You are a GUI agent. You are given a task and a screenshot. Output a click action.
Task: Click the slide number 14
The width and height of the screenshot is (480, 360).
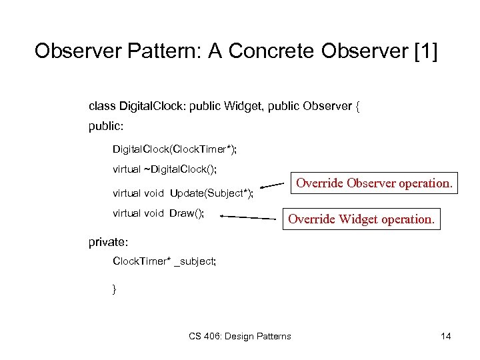click(446, 336)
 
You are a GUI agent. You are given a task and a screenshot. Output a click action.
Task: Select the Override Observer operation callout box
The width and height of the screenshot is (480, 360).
click(374, 183)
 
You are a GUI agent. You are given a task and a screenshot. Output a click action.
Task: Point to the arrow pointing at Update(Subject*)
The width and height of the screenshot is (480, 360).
click(274, 187)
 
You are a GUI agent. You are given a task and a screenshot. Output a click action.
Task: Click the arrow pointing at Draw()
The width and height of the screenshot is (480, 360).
click(248, 216)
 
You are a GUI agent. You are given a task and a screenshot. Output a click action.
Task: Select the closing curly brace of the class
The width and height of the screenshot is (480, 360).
click(114, 288)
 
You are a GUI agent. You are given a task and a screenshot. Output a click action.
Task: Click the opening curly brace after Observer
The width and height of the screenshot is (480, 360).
click(359, 106)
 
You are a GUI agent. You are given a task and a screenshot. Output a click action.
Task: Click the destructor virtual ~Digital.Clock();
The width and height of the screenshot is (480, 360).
click(164, 169)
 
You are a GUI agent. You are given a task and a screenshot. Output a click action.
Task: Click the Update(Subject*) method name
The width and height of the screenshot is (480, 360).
click(211, 194)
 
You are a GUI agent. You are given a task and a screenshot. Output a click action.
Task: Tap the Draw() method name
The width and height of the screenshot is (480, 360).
click(187, 213)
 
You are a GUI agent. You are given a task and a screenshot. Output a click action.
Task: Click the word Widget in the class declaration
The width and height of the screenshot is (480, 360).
click(227, 106)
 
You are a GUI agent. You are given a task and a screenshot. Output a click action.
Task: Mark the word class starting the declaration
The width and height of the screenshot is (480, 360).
click(102, 106)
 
